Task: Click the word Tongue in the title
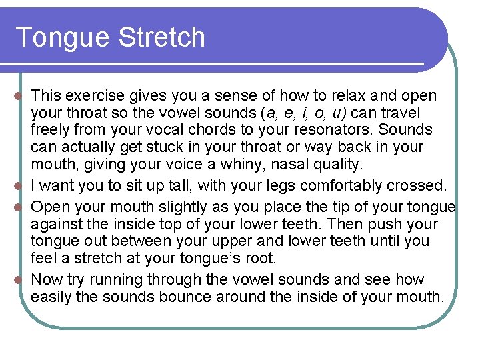point(61,38)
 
